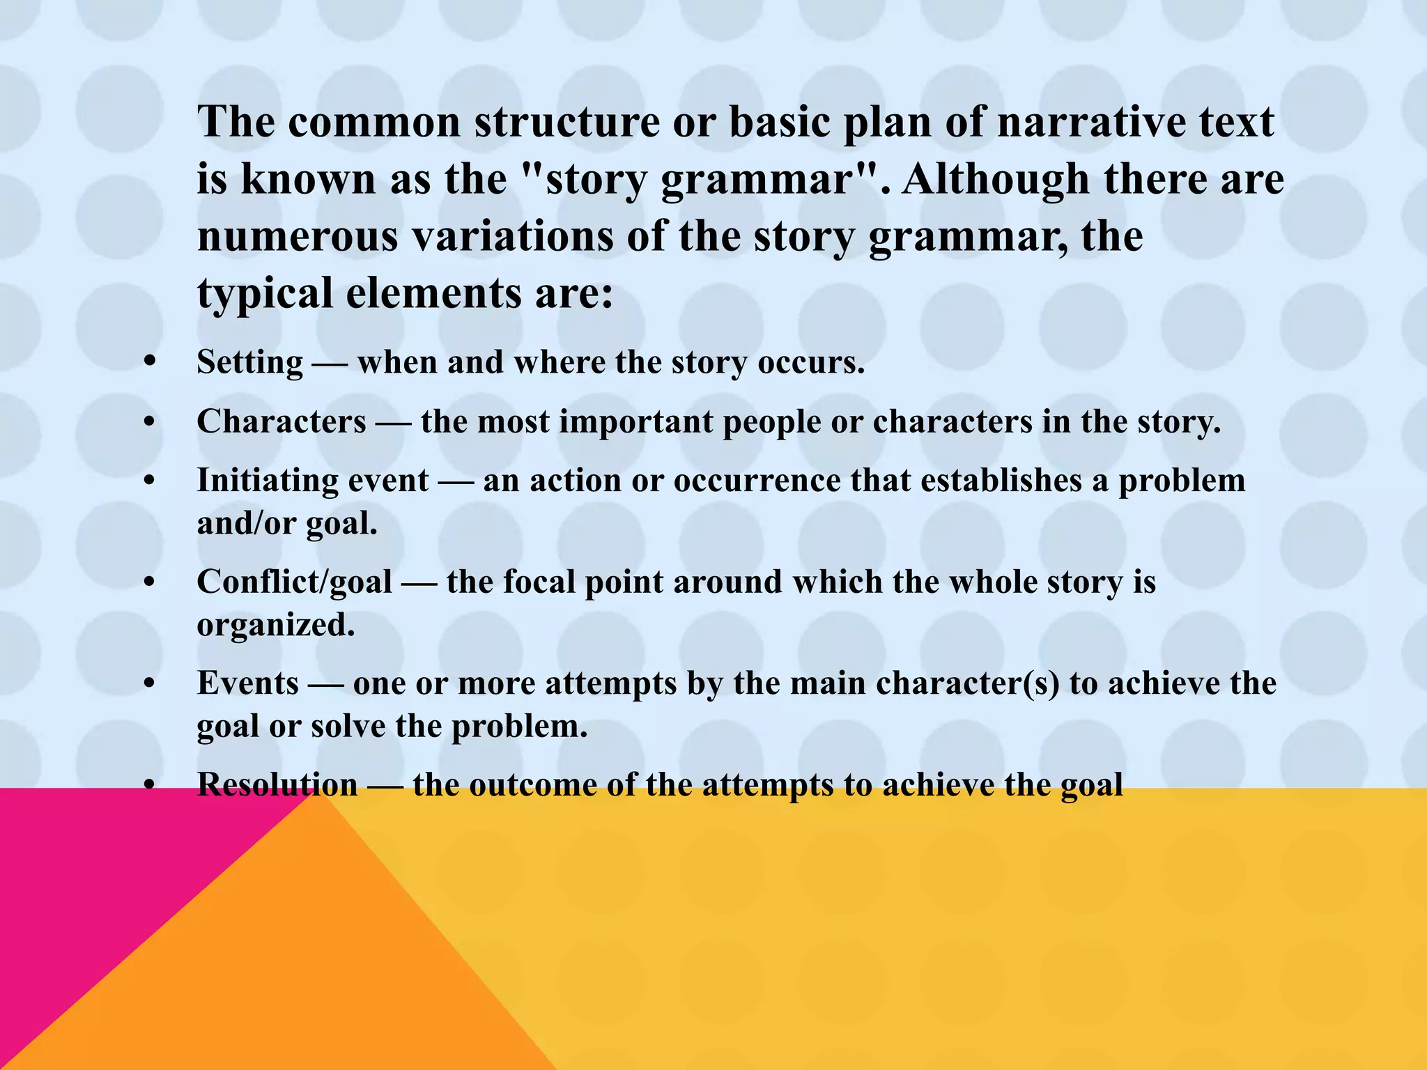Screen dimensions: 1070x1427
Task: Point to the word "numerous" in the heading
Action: coord(298,237)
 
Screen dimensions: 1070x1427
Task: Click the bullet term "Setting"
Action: coord(249,363)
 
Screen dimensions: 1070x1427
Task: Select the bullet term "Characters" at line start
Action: coord(281,422)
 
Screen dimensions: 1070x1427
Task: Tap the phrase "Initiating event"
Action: coord(312,481)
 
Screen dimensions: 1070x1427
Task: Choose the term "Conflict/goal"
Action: coord(294,582)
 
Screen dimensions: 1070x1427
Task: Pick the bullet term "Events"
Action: coord(247,683)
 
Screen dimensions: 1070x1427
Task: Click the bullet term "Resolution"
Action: coord(277,785)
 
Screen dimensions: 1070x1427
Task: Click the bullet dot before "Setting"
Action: coord(148,363)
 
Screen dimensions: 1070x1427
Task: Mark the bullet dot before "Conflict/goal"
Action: coord(148,582)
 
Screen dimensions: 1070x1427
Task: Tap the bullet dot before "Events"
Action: coord(148,683)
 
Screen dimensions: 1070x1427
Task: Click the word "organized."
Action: coord(276,625)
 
